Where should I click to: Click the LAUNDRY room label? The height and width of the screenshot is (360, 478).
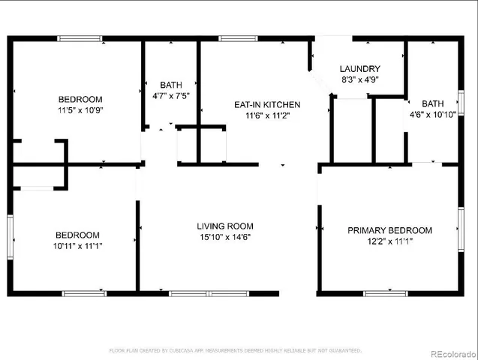pyautogui.click(x=360, y=68)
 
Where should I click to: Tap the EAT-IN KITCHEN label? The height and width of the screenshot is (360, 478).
pyautogui.click(x=268, y=104)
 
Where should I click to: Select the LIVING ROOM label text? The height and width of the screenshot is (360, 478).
pyautogui.click(x=225, y=226)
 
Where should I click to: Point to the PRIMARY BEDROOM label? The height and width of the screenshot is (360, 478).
pyautogui.click(x=389, y=230)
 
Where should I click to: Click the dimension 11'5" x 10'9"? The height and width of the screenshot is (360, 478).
pyautogui.click(x=81, y=110)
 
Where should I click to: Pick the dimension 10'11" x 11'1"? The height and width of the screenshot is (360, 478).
pyautogui.click(x=77, y=245)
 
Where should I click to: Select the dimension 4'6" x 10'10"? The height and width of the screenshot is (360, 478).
pyautogui.click(x=433, y=115)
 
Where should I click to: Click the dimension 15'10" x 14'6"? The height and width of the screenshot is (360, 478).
pyautogui.click(x=225, y=237)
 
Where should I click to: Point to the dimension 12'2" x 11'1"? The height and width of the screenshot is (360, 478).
pyautogui.click(x=389, y=241)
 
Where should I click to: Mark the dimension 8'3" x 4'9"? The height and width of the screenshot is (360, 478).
pyautogui.click(x=360, y=79)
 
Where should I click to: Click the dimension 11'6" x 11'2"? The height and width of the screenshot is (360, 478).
pyautogui.click(x=268, y=115)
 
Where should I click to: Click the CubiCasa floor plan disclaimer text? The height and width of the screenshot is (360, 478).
pyautogui.click(x=236, y=350)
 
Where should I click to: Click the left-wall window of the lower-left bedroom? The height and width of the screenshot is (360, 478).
pyautogui.click(x=11, y=238)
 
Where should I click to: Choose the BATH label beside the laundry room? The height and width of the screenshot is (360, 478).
pyautogui.click(x=433, y=103)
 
